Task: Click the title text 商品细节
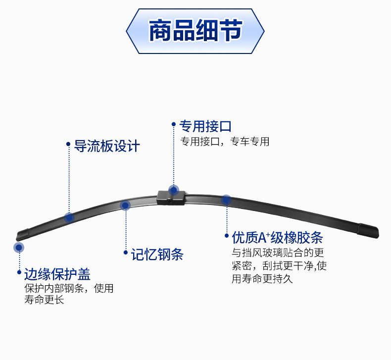(195, 31)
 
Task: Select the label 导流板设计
(106, 146)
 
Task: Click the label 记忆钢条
(157, 255)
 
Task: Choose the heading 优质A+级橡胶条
(277, 238)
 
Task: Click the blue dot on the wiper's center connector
(173, 190)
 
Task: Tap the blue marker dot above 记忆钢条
(125, 205)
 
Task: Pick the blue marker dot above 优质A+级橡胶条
(226, 200)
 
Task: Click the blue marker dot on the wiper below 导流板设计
(69, 217)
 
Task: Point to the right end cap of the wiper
(369, 230)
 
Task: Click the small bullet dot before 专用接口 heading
(174, 125)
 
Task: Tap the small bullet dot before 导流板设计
(68, 145)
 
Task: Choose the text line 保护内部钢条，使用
(68, 288)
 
